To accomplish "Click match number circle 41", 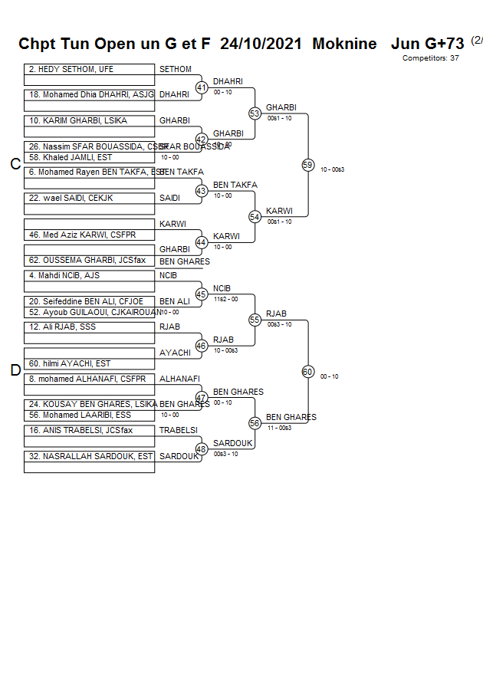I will [202, 87].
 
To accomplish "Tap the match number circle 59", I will [307, 165].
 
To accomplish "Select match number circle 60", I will [307, 372].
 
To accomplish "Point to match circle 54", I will [255, 217].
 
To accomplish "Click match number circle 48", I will [202, 449].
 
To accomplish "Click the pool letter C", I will [15, 164].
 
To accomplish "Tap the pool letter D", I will [15, 371].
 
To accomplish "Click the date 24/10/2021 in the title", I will [261, 44].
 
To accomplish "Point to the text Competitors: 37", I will [430, 58].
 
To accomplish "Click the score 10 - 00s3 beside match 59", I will [332, 169].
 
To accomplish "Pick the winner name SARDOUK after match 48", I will [233, 444].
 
